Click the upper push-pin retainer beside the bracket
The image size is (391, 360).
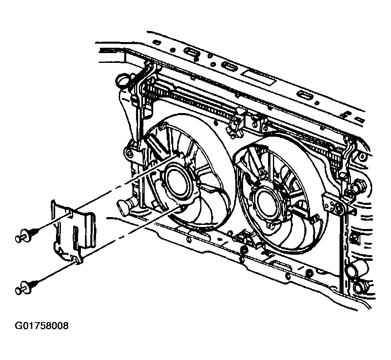pyautogui.click(x=27, y=234)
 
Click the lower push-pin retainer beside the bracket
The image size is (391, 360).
pyautogui.click(x=27, y=287)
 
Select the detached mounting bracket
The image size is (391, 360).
pyautogui.click(x=73, y=231)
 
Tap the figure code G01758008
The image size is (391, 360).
pyautogui.click(x=41, y=326)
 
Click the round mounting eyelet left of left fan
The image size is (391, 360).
pyautogui.click(x=130, y=153)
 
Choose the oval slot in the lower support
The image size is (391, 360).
pyautogui.click(x=282, y=265)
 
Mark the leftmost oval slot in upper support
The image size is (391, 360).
pyautogui.click(x=192, y=52)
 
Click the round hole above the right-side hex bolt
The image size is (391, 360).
pyautogui.click(x=362, y=157)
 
